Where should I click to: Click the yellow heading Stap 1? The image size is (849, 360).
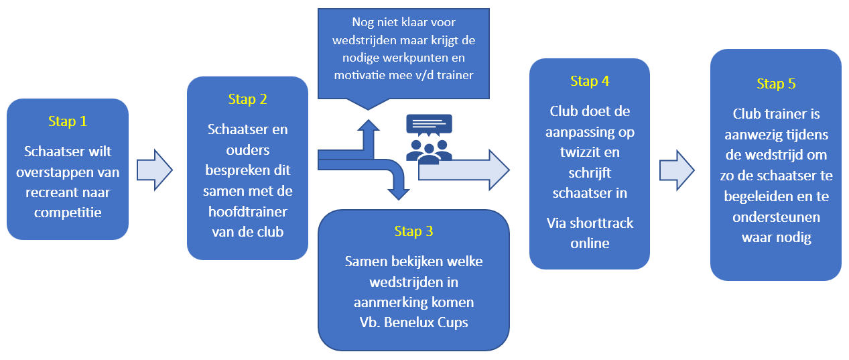(68, 121)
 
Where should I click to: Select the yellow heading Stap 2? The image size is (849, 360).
(247, 99)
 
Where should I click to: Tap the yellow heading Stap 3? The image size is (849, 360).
(413, 231)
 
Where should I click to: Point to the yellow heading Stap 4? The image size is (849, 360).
(590, 81)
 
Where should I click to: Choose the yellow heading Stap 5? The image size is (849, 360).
(776, 84)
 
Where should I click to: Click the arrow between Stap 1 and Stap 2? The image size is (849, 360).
(155, 170)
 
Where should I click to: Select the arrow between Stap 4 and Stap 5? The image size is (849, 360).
(677, 170)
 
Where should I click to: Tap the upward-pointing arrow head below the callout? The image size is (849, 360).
(368, 125)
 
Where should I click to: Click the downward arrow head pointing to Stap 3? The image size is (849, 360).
(398, 194)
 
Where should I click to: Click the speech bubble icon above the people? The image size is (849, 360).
(429, 125)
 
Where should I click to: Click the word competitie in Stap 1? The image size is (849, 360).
(68, 213)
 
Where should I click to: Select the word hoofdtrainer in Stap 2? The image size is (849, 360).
(247, 212)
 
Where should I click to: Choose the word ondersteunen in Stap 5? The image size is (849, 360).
(776, 217)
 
